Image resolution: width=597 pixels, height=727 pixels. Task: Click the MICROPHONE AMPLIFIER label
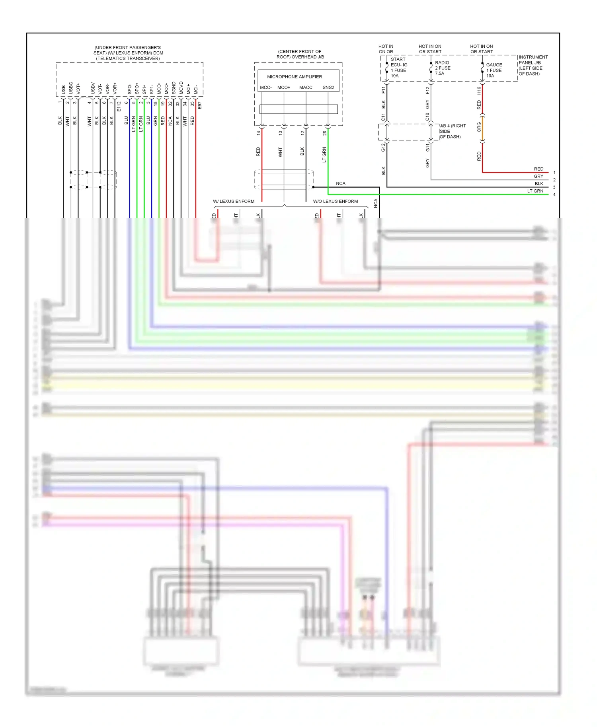coord(294,77)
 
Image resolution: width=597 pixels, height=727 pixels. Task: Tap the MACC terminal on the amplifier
coord(306,87)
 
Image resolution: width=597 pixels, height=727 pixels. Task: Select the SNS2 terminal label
coord(328,87)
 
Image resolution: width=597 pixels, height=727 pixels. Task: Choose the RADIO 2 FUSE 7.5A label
coord(443,68)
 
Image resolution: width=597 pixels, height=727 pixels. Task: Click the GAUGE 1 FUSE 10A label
coord(494,70)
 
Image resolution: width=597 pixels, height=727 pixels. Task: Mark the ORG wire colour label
coord(479,127)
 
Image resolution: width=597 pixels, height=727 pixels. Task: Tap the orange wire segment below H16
coord(482,128)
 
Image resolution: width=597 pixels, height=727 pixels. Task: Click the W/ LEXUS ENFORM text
coord(234,201)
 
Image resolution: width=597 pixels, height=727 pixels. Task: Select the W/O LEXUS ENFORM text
coord(335,201)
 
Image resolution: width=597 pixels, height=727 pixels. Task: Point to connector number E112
coord(119,106)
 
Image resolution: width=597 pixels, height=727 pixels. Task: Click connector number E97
coord(200,105)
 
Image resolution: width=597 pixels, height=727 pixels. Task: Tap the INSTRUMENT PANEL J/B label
coord(533,65)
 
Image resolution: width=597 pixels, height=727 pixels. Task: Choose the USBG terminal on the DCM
coord(71,88)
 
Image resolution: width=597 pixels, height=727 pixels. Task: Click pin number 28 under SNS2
coord(325,133)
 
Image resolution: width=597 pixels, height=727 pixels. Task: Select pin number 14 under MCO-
coord(258,133)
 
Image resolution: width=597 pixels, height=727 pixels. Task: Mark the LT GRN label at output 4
coord(535,191)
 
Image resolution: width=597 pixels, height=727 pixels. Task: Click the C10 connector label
coord(427,117)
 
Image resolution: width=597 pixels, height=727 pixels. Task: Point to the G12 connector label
coord(383,148)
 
